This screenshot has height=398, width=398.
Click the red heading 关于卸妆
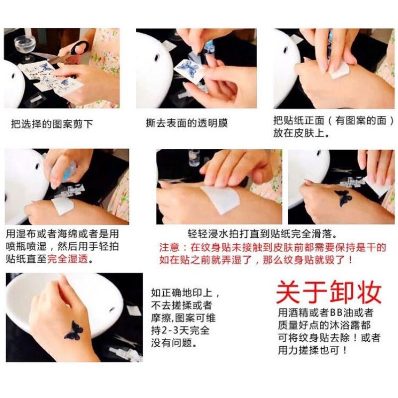[x=329, y=293]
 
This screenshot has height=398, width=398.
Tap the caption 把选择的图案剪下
[x=52, y=124]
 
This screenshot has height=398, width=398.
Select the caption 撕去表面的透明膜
[x=187, y=123]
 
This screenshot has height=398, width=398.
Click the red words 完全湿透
[x=68, y=259]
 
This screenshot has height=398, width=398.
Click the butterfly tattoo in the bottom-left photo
[x=74, y=330]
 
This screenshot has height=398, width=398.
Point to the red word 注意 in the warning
[x=169, y=247]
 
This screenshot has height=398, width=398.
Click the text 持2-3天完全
[x=181, y=330]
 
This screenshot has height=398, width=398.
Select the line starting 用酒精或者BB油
[x=326, y=312]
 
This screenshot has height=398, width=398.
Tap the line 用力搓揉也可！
[x=313, y=350]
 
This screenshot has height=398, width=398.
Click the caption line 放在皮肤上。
[x=301, y=133]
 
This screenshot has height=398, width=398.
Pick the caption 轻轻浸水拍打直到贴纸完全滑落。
[x=263, y=234]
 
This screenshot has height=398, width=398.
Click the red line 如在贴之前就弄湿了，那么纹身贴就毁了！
[x=256, y=260]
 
